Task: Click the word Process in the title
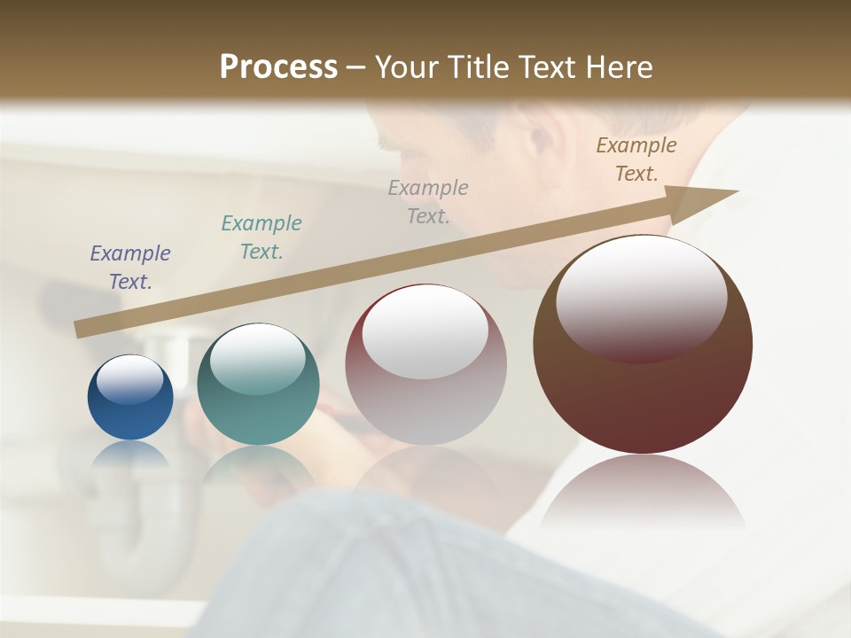[278, 66]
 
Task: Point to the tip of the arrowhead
[738, 191]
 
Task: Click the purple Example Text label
[130, 267]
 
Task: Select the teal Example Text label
[262, 237]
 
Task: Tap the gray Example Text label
[428, 201]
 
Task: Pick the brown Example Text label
[636, 159]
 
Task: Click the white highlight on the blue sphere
[130, 379]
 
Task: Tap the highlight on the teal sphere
[257, 359]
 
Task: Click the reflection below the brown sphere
[643, 492]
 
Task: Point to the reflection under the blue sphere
[130, 455]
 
